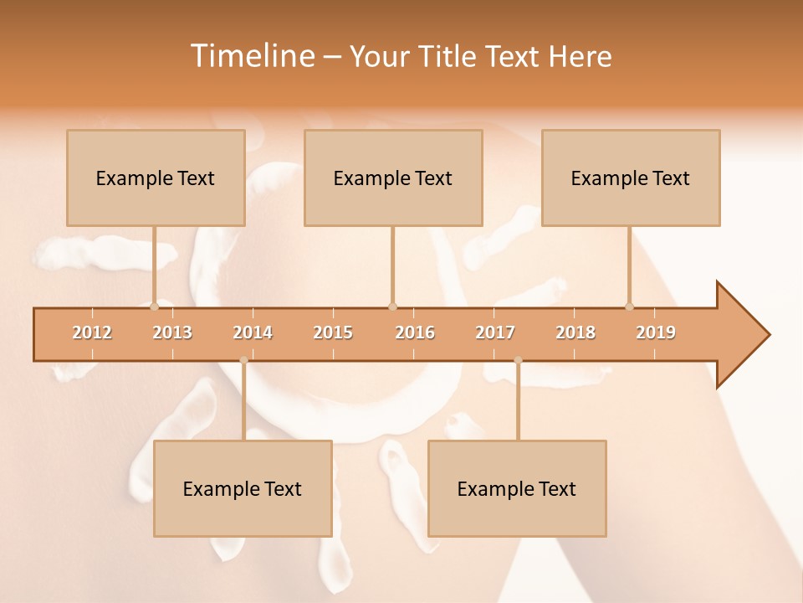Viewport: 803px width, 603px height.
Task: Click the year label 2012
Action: [92, 332]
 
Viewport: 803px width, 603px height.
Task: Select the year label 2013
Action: [172, 332]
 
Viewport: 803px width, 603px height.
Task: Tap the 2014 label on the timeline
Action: [253, 332]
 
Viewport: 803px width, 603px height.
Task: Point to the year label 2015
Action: [333, 332]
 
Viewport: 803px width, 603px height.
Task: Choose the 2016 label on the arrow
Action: [415, 332]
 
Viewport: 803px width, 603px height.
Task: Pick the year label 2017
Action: [495, 332]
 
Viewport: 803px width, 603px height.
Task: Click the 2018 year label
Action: [575, 332]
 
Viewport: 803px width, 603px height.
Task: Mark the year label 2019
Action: [656, 332]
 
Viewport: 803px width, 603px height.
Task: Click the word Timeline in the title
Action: [251, 56]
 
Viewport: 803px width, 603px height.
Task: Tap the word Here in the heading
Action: [580, 56]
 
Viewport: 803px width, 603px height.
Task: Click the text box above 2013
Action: [156, 178]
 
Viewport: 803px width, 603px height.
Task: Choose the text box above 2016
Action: [393, 178]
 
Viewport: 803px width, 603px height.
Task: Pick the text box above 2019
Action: [631, 178]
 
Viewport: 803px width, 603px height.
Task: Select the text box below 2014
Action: [243, 488]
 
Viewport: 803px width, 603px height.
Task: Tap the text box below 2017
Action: [517, 488]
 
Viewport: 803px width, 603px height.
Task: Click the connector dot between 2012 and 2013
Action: [154, 307]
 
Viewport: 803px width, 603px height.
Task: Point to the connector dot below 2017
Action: [518, 360]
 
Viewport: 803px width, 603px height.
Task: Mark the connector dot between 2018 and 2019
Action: [629, 307]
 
